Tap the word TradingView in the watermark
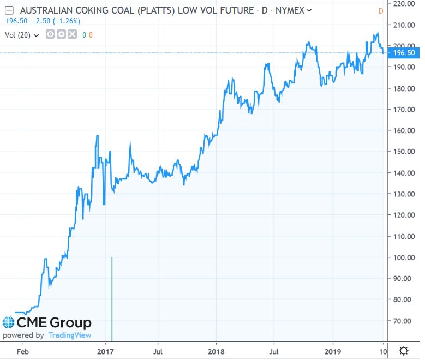click(69, 335)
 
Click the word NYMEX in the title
click(290, 10)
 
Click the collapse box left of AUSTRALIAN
click(8, 10)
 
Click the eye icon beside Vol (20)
click(50, 35)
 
